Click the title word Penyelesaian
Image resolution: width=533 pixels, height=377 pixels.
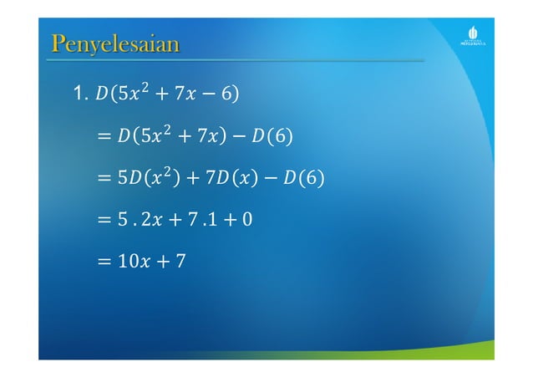tap(114, 43)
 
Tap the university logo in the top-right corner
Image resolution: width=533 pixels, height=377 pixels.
tap(474, 38)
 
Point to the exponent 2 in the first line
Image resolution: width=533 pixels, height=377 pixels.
tap(145, 86)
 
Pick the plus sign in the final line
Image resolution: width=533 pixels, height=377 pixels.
tap(165, 262)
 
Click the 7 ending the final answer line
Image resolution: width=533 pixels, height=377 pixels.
tap(180, 262)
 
